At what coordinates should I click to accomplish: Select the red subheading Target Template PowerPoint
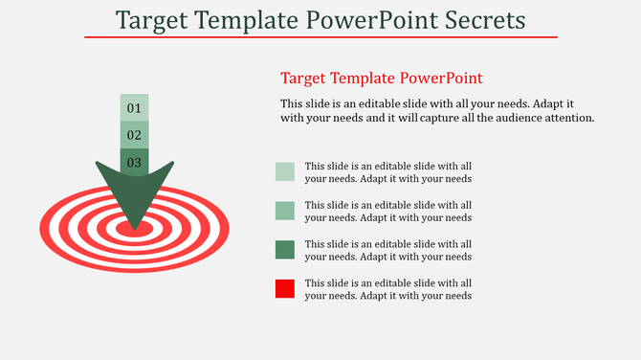point(381,79)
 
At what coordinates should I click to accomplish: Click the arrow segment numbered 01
point(134,108)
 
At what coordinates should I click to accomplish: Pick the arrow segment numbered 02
point(134,135)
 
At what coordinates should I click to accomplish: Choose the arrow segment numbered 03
point(134,162)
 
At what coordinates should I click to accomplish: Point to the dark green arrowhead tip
point(134,224)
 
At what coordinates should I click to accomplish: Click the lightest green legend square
point(284,171)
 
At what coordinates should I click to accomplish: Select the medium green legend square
point(284,211)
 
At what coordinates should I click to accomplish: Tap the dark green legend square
point(284,250)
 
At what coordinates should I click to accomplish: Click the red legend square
point(284,289)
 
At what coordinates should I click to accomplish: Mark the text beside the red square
point(387,289)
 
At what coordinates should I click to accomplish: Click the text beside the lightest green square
point(387,171)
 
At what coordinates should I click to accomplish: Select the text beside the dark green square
point(387,250)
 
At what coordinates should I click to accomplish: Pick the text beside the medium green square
point(387,211)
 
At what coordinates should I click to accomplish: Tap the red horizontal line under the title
point(320,37)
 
